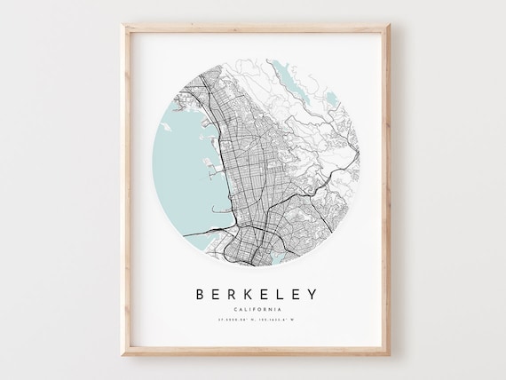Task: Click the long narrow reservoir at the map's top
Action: coord(282,71)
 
